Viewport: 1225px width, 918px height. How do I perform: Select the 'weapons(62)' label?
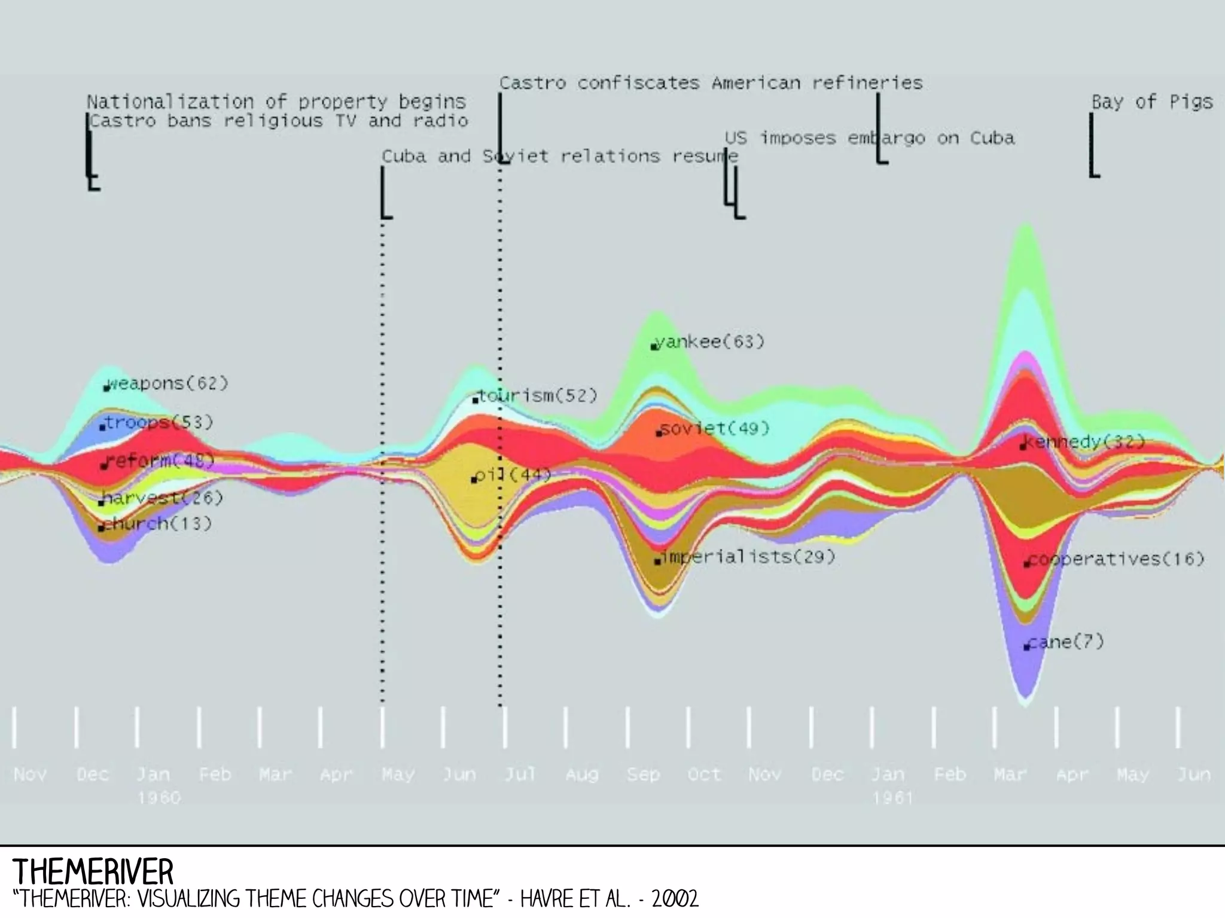point(168,383)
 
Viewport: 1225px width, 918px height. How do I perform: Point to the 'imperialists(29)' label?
point(748,557)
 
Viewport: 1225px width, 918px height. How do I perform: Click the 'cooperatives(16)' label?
point(1116,559)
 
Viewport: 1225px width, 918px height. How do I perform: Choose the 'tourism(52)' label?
point(538,396)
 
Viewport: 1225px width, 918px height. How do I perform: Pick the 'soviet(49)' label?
point(715,429)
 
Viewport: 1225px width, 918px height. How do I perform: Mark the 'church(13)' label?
point(157,524)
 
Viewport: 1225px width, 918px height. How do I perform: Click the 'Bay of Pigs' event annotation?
point(1152,102)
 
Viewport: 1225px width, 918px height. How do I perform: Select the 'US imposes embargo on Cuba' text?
point(870,138)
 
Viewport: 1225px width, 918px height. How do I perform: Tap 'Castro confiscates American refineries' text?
point(711,83)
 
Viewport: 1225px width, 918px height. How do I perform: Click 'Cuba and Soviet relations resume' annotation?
point(560,157)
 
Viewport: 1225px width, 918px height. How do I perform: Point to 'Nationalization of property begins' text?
point(276,102)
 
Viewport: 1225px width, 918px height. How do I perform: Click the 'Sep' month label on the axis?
point(643,774)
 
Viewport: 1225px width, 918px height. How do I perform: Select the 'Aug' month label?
point(581,774)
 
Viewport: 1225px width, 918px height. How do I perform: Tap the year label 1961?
point(892,798)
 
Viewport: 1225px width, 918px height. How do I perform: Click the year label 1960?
point(159,798)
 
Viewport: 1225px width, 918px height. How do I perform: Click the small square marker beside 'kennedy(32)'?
point(1023,447)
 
